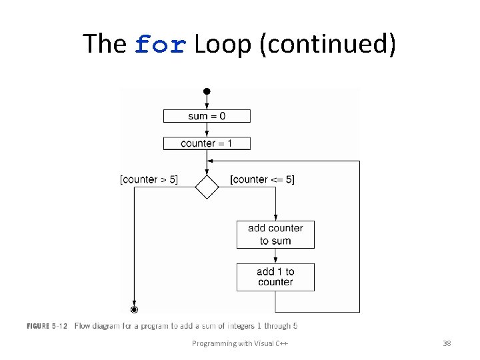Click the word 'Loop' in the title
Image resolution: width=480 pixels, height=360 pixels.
tap(222, 44)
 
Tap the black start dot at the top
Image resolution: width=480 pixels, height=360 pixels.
tap(207, 91)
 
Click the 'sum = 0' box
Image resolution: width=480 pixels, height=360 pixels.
tap(207, 116)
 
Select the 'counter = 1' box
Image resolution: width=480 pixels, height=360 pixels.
tap(207, 143)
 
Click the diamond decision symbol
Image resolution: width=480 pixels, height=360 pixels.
tap(207, 187)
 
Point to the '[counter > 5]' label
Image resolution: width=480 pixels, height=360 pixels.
tap(149, 179)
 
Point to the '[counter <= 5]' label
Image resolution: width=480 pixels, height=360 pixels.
tap(262, 179)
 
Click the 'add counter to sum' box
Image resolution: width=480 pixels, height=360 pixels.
tap(275, 235)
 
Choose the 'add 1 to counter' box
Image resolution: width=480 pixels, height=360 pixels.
tap(275, 277)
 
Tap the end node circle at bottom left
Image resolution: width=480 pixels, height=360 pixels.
tap(134, 309)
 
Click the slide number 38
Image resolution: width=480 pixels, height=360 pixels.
tap(447, 343)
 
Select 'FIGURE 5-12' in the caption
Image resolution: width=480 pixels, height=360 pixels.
tap(47, 326)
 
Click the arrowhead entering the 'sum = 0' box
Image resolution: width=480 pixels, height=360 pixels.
tap(207, 107)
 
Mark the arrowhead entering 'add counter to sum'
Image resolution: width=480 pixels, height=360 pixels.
tap(275, 218)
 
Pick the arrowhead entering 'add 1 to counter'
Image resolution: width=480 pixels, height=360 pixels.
tap(275, 261)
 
